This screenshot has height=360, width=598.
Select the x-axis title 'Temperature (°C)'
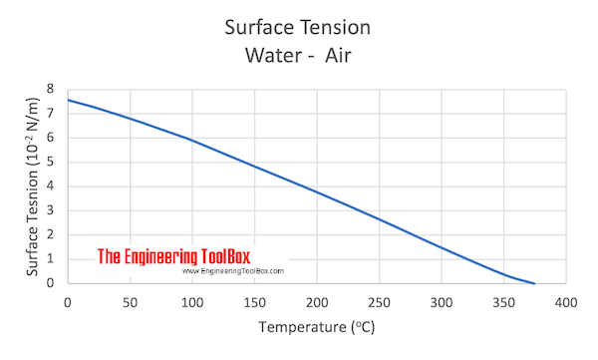point(316,326)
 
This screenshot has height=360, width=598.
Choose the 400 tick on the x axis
point(566,301)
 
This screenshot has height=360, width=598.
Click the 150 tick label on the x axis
point(254,301)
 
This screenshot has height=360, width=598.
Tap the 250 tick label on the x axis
point(379,301)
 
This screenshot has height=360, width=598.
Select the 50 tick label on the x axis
point(130,301)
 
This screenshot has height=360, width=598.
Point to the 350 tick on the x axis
point(503,301)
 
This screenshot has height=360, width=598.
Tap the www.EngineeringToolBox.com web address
point(233,271)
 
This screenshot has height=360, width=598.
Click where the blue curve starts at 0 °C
point(68,100)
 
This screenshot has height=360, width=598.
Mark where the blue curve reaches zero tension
point(534,283)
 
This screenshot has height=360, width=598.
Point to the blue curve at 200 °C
point(317,191)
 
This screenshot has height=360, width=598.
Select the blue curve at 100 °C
point(192,141)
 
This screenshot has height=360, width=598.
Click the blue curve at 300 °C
point(442,247)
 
